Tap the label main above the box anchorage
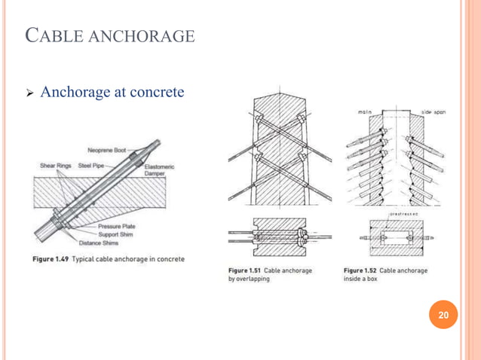(x=365, y=111)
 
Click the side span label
(x=433, y=111)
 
